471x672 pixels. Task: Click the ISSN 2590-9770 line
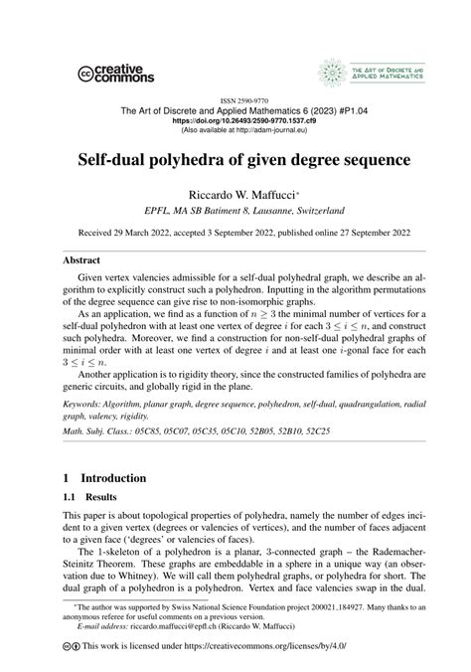pyautogui.click(x=235, y=101)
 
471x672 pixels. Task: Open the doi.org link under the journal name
pyautogui.click(x=235, y=120)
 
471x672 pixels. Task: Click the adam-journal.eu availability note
pyautogui.click(x=235, y=130)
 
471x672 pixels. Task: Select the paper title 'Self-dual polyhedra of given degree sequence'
pyautogui.click(x=235, y=159)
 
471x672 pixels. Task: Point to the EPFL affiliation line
pyautogui.click(x=235, y=211)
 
